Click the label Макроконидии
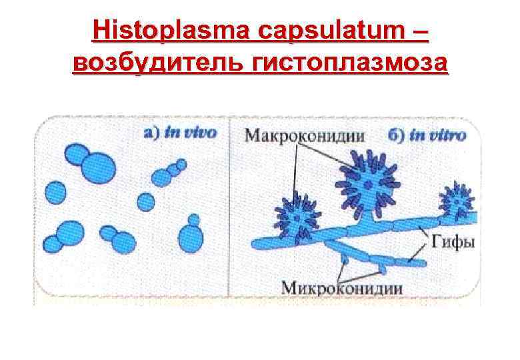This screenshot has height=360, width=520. click(303, 135)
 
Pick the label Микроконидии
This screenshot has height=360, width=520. click(341, 288)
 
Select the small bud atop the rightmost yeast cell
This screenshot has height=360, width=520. click(194, 218)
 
